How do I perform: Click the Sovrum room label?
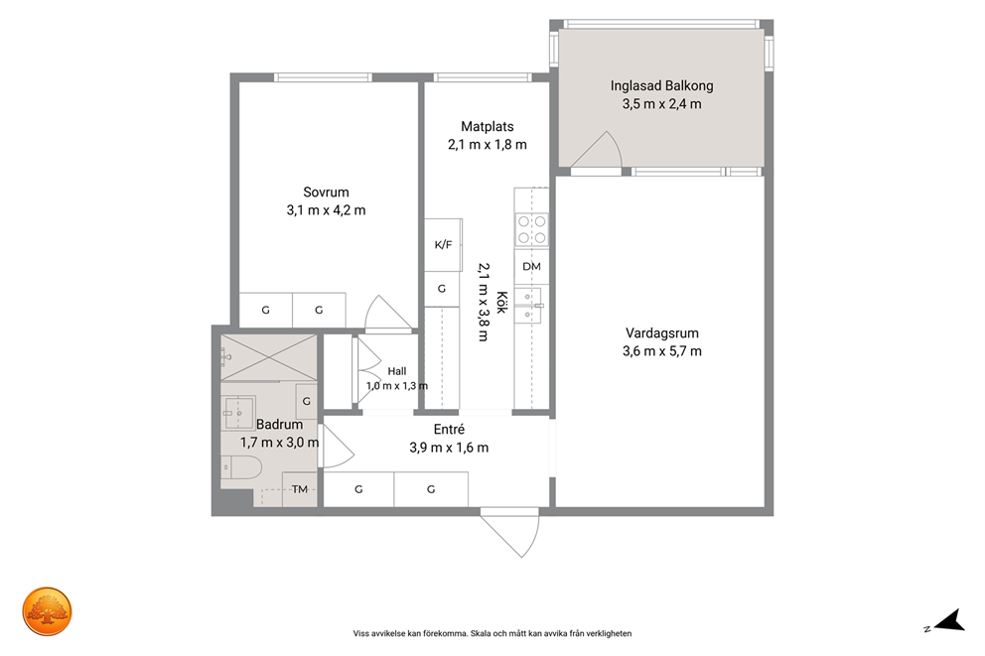click(326, 193)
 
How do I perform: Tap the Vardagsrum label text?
click(662, 333)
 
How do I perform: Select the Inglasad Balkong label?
click(662, 85)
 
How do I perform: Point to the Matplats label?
click(488, 126)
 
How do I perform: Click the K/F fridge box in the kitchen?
click(444, 245)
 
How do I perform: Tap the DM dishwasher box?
click(531, 266)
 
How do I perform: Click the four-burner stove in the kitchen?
click(531, 230)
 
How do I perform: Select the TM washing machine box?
click(300, 489)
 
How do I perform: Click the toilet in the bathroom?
click(242, 467)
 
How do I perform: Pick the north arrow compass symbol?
click(946, 620)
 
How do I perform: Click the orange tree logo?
click(47, 611)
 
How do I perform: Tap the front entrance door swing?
click(510, 533)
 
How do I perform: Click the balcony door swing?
click(596, 150)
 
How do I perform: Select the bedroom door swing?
click(388, 312)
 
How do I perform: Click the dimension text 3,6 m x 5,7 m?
click(662, 351)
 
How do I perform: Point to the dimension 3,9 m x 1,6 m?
click(449, 448)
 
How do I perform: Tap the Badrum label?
click(280, 425)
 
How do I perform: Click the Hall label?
click(397, 371)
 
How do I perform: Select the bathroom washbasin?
click(238, 413)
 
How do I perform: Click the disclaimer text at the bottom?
click(492, 633)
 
